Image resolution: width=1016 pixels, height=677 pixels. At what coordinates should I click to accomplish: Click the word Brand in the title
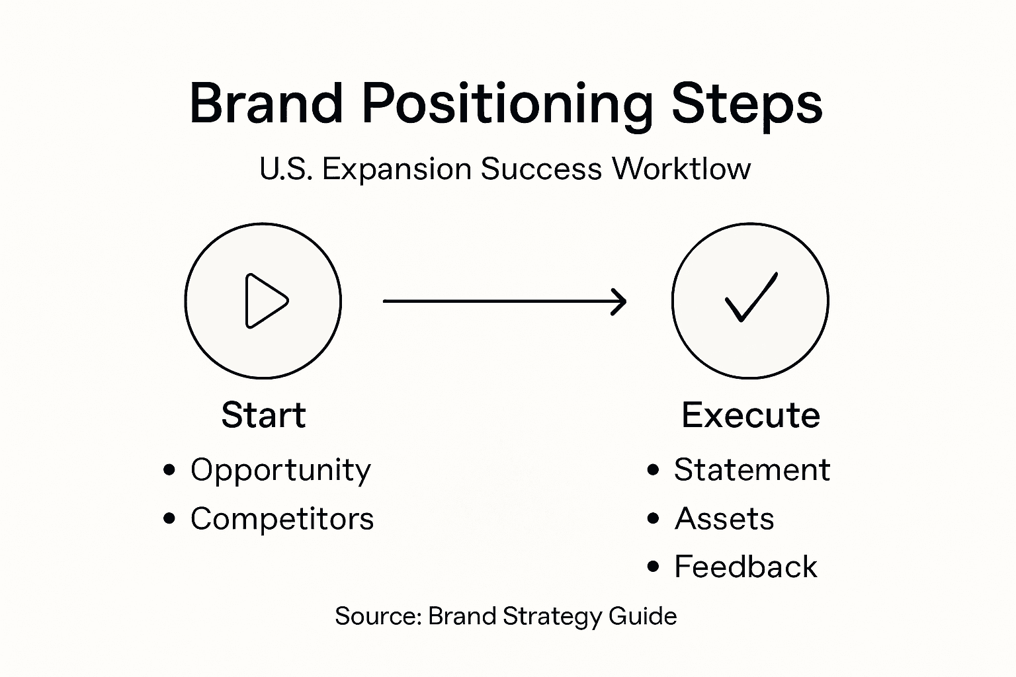pyautogui.click(x=266, y=104)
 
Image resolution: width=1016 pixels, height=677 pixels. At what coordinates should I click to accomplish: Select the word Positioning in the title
pyautogui.click(x=507, y=104)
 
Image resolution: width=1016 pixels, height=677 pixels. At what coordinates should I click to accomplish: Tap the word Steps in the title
pyautogui.click(x=747, y=104)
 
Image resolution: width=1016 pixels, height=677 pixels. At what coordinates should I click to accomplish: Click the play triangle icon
pyautogui.click(x=265, y=301)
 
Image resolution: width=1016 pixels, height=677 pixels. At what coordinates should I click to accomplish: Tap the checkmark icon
pyautogui.click(x=751, y=298)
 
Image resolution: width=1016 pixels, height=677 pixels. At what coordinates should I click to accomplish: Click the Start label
pyautogui.click(x=263, y=415)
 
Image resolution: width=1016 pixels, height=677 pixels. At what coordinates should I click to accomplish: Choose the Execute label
pyautogui.click(x=751, y=415)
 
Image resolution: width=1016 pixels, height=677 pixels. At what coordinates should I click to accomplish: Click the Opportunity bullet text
pyautogui.click(x=280, y=471)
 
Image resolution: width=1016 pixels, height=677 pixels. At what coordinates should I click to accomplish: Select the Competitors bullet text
pyautogui.click(x=282, y=519)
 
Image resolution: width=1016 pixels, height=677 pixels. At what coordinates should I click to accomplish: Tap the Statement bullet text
pyautogui.click(x=751, y=470)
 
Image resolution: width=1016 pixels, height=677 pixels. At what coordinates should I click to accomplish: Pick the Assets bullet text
pyautogui.click(x=724, y=519)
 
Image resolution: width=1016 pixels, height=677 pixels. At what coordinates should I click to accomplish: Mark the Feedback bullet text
pyautogui.click(x=745, y=567)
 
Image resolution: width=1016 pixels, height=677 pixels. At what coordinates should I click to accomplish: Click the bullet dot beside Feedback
pyautogui.click(x=654, y=567)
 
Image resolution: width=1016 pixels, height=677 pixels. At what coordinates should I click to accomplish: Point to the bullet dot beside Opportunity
pyautogui.click(x=170, y=470)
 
